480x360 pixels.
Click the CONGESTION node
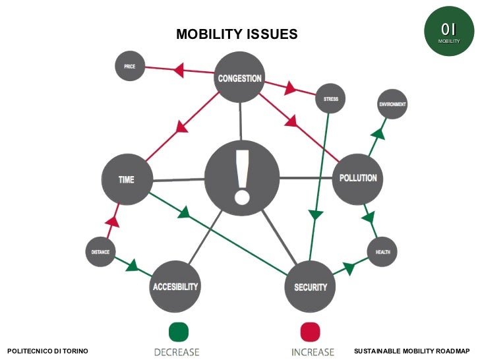[x=240, y=77]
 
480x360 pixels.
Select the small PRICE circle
[x=130, y=67]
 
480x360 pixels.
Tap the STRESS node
[x=330, y=99]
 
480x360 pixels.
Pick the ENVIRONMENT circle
[x=392, y=104]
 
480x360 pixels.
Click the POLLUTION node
[x=358, y=178]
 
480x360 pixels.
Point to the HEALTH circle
[x=382, y=252]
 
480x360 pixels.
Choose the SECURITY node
[x=311, y=287]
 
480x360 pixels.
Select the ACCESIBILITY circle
[x=175, y=287]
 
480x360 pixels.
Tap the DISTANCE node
[x=100, y=252]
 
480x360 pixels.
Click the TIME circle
[x=127, y=179]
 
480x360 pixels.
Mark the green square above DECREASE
[x=178, y=331]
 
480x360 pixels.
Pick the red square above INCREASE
[x=310, y=331]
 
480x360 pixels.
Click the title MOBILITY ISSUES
[x=237, y=34]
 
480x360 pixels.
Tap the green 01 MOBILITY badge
[x=448, y=31]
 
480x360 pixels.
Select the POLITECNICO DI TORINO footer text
[x=47, y=351]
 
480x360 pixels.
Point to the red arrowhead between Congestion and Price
[x=178, y=69]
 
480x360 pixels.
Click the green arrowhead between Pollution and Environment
[x=378, y=134]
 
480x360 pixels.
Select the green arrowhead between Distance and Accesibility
[x=132, y=266]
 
